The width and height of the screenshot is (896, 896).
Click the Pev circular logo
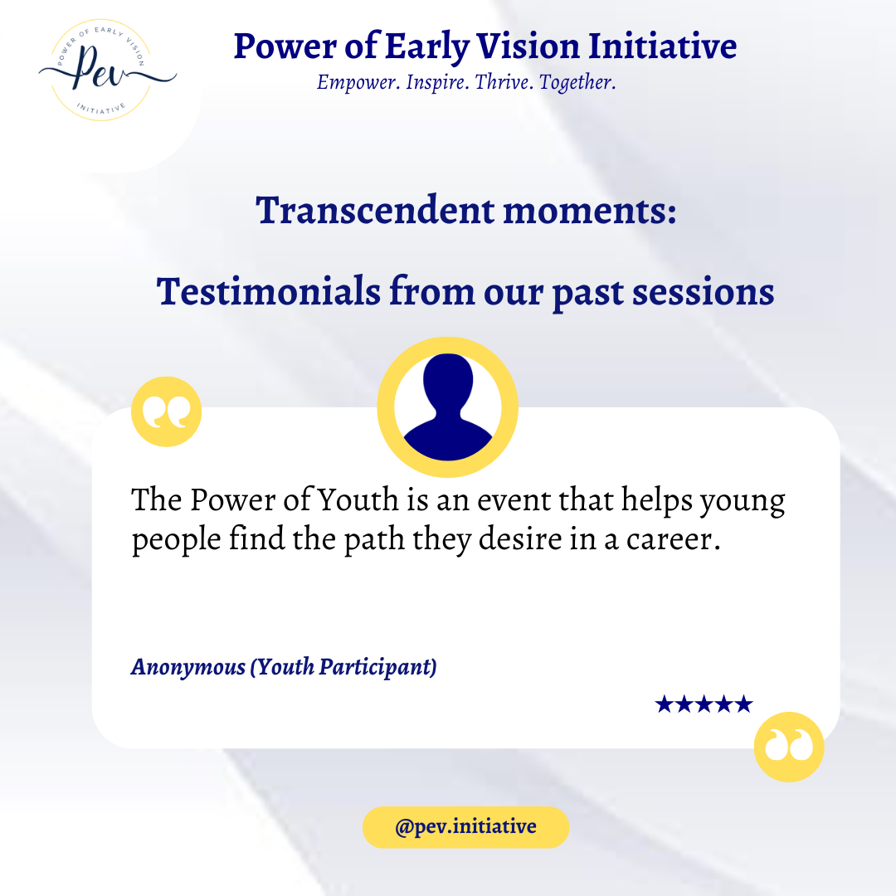click(105, 71)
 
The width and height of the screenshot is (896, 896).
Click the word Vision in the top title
click(528, 46)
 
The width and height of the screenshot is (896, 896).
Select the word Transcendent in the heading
click(375, 210)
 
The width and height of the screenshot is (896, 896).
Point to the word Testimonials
click(269, 291)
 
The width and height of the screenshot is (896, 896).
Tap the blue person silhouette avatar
click(448, 407)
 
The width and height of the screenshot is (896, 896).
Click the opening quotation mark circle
click(166, 411)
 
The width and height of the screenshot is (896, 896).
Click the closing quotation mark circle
click(789, 747)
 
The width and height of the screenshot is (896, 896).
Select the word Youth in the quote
click(358, 500)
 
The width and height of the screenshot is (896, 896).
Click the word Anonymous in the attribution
click(188, 667)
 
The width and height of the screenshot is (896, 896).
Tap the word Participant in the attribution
click(377, 667)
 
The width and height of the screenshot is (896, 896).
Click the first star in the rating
click(664, 704)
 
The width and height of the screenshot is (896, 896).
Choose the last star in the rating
click(743, 704)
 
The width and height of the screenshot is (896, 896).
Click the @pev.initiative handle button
click(465, 827)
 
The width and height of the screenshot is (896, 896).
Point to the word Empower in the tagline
click(358, 83)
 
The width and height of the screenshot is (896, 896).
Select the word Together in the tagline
click(577, 83)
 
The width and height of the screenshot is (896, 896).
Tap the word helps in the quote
click(656, 501)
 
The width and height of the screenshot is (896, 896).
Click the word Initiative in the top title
click(662, 46)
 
